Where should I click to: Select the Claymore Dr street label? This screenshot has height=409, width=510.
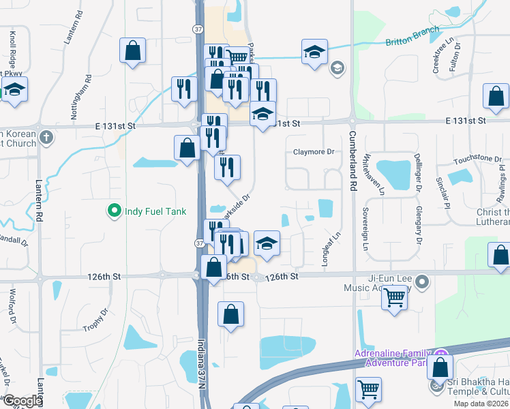tap(314, 152)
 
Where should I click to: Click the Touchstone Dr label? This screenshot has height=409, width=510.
tap(478, 159)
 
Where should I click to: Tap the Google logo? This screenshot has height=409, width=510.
tap(22, 401)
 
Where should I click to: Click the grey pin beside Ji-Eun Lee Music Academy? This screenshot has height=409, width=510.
tap(422, 281)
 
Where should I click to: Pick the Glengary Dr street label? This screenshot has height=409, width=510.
tap(418, 225)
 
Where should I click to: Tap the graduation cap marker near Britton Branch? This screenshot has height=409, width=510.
tap(315, 52)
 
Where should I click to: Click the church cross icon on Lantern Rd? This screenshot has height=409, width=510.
tap(46, 137)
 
